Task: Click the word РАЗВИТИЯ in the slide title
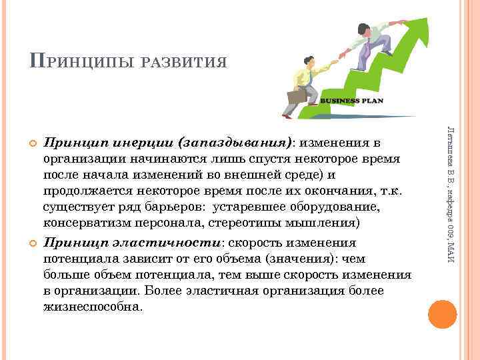[187, 63]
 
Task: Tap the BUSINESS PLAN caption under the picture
[353, 101]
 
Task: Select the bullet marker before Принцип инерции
[31, 144]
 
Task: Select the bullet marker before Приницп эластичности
[31, 242]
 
